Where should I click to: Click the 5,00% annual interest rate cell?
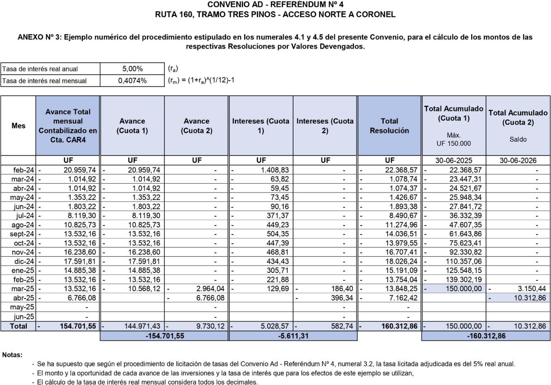click(132, 69)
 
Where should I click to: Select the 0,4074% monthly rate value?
click(132, 81)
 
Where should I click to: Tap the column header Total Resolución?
click(389, 126)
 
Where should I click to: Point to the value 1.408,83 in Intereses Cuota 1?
click(275, 170)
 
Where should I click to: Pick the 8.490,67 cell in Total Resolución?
click(401, 216)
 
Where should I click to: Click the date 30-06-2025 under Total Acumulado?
click(453, 160)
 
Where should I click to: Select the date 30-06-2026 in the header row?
click(518, 160)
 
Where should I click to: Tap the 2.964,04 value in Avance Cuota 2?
click(210, 289)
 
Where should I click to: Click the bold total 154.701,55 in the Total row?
click(78, 326)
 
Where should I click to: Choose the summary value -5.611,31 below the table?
click(293, 336)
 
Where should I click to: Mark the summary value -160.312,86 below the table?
click(486, 336)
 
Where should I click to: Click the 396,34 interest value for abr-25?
click(342, 298)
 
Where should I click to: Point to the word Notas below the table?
click(12, 355)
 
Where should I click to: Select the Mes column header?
click(18, 126)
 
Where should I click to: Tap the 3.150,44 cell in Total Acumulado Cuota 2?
click(531, 289)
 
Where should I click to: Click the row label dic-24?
click(24, 261)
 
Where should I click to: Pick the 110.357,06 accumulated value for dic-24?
click(463, 261)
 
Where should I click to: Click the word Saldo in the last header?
click(518, 139)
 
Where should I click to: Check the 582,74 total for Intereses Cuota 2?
click(342, 326)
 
